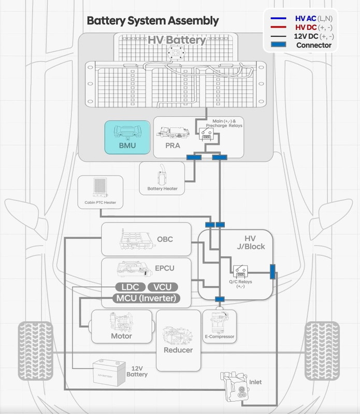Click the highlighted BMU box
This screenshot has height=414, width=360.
[127, 137]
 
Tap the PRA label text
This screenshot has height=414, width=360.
[172, 145]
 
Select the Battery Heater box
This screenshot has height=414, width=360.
[162, 179]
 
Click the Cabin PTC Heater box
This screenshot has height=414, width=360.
[100, 192]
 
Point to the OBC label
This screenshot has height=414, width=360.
[165, 239]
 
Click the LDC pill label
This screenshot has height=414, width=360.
[131, 287]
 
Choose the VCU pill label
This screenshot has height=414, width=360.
[163, 287]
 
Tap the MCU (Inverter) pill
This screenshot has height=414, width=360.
[146, 299]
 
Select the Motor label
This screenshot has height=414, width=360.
[121, 336]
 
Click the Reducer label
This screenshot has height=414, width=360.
[178, 350]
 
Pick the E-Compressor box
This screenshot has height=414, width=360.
[220, 327]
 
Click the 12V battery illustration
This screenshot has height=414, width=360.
[109, 373]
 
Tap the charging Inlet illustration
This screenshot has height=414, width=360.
[235, 387]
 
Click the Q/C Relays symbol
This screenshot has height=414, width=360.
[240, 272]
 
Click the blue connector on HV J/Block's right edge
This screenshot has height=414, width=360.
[272, 272]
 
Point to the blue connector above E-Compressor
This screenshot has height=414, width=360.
[220, 299]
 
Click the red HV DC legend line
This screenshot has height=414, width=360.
[278, 27]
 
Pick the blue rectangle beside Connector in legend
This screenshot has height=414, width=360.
[278, 45]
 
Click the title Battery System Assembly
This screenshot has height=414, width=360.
[153, 21]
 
